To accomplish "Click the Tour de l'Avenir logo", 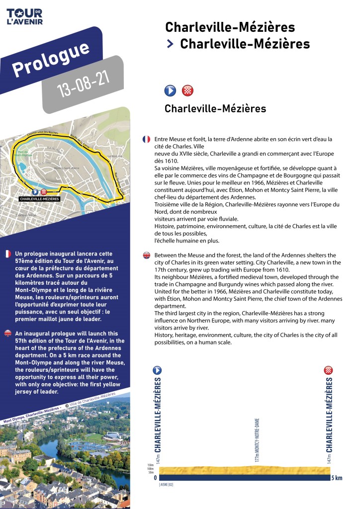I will click(x=24, y=16).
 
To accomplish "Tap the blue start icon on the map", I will click(x=35, y=192).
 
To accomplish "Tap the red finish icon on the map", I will click(x=44, y=192).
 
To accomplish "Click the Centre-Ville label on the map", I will click(x=24, y=215).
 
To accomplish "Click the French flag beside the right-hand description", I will click(x=146, y=140).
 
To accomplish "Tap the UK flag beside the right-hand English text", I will click(x=146, y=255).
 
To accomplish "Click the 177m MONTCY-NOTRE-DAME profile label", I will click(x=257, y=440).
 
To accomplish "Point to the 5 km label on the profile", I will click(x=337, y=478).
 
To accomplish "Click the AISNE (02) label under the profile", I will click(x=166, y=484).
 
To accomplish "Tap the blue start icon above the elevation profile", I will click(x=158, y=370).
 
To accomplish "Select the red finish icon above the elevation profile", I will click(x=328, y=370).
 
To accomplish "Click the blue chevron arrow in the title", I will click(x=170, y=44).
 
